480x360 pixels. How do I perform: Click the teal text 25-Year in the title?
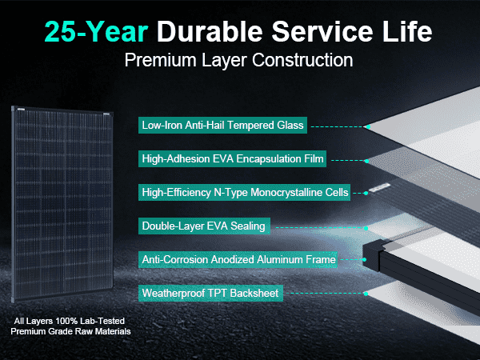point(97,32)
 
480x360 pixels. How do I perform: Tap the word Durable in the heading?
point(210,31)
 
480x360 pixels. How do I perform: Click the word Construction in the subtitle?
point(302,60)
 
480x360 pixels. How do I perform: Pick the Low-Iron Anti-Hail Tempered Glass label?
point(222,126)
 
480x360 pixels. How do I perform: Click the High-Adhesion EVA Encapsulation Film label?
point(232,158)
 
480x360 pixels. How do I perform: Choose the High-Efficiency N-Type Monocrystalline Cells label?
point(244,192)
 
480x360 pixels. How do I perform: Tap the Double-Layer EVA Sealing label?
point(204,226)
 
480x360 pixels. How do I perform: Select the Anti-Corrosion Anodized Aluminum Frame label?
point(238,259)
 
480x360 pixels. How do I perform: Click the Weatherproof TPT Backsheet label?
point(210,293)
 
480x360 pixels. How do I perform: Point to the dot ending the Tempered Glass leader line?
point(368,126)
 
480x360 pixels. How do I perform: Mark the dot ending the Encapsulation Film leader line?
point(366,161)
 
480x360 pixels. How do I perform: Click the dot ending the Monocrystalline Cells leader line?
point(366,193)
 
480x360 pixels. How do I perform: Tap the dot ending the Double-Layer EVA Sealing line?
point(366,228)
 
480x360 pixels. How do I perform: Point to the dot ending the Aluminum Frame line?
point(364,259)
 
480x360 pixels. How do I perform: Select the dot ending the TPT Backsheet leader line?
point(366,294)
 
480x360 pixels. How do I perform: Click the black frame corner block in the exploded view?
point(373,255)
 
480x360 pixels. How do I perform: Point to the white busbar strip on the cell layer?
point(379,187)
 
